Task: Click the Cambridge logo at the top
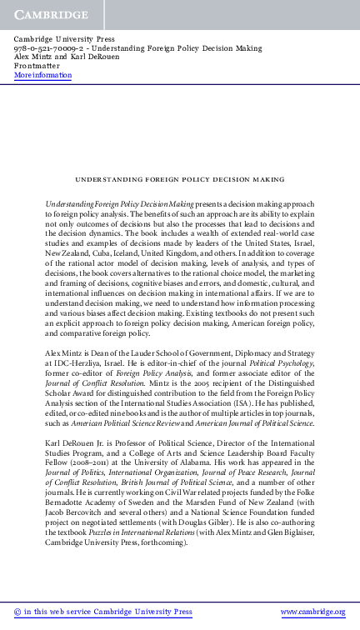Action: click(51, 15)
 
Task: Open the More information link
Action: click(42, 75)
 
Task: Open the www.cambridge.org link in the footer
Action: click(312, 612)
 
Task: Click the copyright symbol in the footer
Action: click(17, 612)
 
